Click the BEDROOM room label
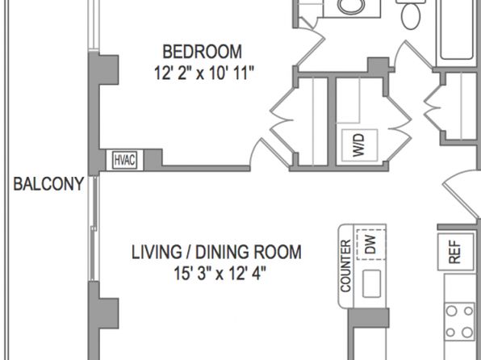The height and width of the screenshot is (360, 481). (x=202, y=52)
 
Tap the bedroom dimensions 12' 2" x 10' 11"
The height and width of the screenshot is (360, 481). (x=204, y=73)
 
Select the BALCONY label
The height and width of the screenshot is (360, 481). (x=48, y=184)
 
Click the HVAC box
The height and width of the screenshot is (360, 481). (x=124, y=160)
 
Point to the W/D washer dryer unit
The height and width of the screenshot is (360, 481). (x=359, y=145)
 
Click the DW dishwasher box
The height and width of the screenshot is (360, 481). (x=371, y=245)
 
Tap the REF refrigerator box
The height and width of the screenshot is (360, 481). (x=455, y=252)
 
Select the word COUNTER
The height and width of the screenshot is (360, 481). (x=345, y=266)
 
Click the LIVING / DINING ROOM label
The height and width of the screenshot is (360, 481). (x=216, y=253)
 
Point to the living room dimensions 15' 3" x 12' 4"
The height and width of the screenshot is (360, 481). (x=220, y=274)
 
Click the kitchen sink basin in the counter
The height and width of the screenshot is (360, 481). (x=372, y=283)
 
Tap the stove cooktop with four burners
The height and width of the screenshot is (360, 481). (x=459, y=321)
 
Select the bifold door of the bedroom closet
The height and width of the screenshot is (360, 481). (x=282, y=120)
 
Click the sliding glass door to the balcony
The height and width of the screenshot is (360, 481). (x=94, y=228)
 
